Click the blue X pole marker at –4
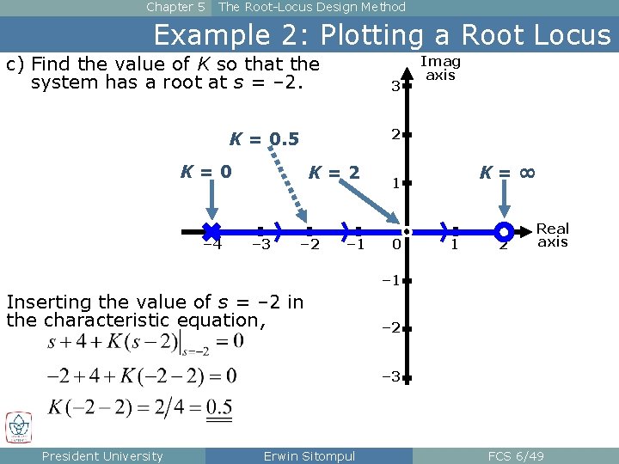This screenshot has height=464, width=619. coord(211,230)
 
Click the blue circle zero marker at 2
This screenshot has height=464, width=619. coord(505,231)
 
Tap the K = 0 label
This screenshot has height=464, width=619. coord(205,172)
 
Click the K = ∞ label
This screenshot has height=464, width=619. coord(507,173)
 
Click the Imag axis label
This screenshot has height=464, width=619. coord(440,69)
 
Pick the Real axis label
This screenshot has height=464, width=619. coord(553,235)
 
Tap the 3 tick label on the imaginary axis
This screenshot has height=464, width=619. coord(394,86)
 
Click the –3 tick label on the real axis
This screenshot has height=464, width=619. coord(260,246)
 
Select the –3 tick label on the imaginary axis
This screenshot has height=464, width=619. coord(392,376)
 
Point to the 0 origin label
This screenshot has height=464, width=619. coord(395,246)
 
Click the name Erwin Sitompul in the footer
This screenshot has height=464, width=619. coord(309,455)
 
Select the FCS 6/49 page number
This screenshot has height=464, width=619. coord(515,455)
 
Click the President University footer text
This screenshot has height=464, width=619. coord(102,455)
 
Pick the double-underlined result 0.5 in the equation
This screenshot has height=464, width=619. coord(219,406)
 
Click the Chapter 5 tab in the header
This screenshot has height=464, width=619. coord(175,7)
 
